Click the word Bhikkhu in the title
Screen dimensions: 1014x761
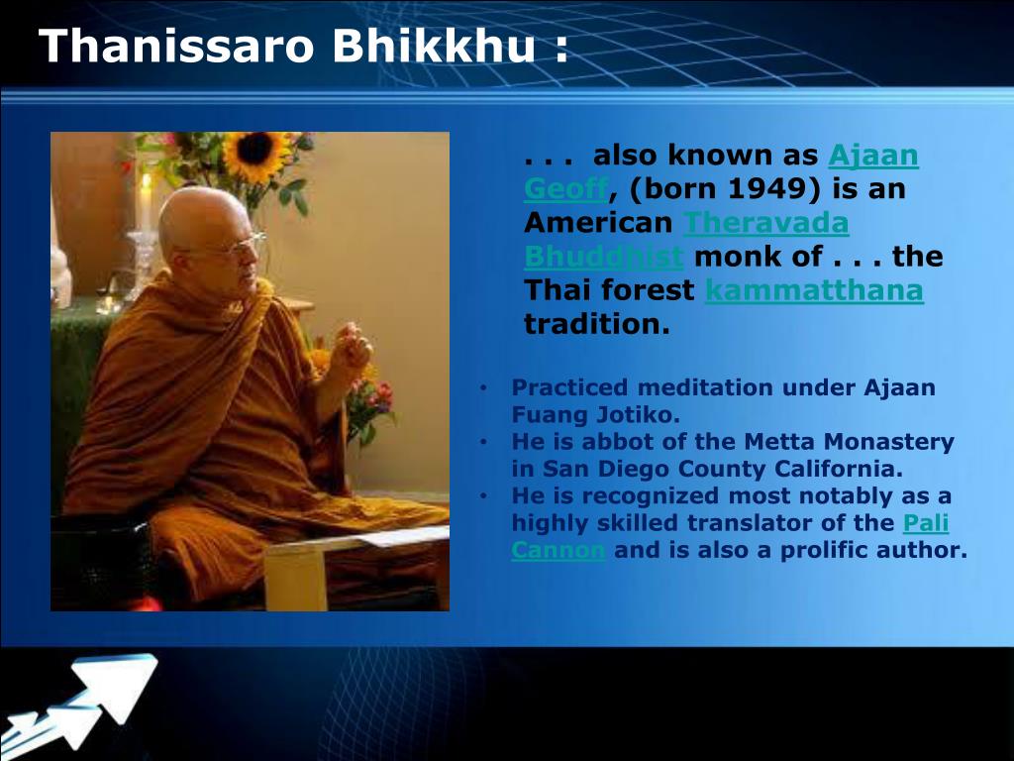pyautogui.click(x=435, y=46)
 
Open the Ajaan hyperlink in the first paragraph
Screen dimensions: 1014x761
pyautogui.click(x=873, y=156)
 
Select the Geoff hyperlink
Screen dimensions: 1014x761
pyautogui.click(x=565, y=189)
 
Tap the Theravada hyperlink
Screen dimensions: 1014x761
pyautogui.click(x=765, y=223)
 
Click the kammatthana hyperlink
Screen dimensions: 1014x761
pyautogui.click(x=814, y=290)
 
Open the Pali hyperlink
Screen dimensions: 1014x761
pyautogui.click(x=926, y=523)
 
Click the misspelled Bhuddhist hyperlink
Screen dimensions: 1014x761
pyautogui.click(x=603, y=257)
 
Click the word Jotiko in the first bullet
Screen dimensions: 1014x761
pyautogui.click(x=642, y=415)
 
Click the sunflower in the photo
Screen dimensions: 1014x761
pyautogui.click(x=254, y=154)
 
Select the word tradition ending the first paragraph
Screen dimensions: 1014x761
pyautogui.click(x=597, y=324)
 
